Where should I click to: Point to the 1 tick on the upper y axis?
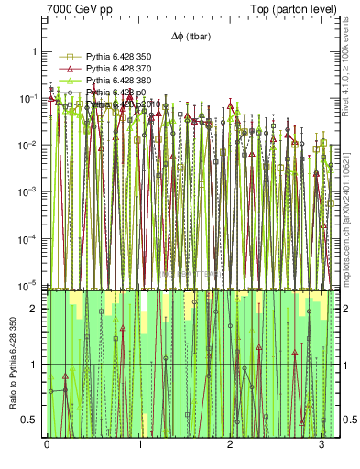(36, 51)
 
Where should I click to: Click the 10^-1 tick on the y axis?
(31, 99)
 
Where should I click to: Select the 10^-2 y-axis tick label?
(31, 146)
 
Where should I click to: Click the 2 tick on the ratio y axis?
(36, 309)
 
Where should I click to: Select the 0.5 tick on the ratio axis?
(33, 420)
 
